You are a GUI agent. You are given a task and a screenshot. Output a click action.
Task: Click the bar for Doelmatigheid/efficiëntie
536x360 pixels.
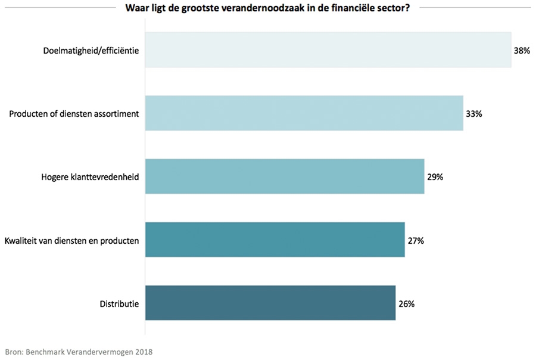(328, 50)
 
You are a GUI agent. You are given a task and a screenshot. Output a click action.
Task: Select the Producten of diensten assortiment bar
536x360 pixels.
(304, 113)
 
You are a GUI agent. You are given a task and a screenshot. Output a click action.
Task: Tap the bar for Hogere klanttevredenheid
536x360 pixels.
(285, 176)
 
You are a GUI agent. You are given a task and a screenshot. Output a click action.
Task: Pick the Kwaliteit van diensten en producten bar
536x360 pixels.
(275, 240)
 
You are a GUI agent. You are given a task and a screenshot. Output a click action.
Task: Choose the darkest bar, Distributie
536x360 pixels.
(270, 303)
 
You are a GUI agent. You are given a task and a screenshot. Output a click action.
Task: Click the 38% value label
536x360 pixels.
(522, 51)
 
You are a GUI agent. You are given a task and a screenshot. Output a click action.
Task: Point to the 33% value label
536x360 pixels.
(473, 114)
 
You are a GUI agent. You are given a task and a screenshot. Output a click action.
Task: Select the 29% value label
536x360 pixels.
(435, 177)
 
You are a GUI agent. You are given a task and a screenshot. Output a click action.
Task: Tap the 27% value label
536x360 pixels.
(415, 240)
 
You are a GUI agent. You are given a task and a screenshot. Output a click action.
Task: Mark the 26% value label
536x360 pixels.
(406, 303)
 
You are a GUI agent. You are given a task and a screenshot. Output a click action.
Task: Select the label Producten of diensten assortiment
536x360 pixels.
(74, 114)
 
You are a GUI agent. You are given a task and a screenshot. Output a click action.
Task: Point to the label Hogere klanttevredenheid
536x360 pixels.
(90, 177)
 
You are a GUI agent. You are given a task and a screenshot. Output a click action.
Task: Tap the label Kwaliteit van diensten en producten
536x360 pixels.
(71, 240)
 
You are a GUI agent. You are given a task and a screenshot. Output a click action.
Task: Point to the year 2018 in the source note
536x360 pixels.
(144, 351)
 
